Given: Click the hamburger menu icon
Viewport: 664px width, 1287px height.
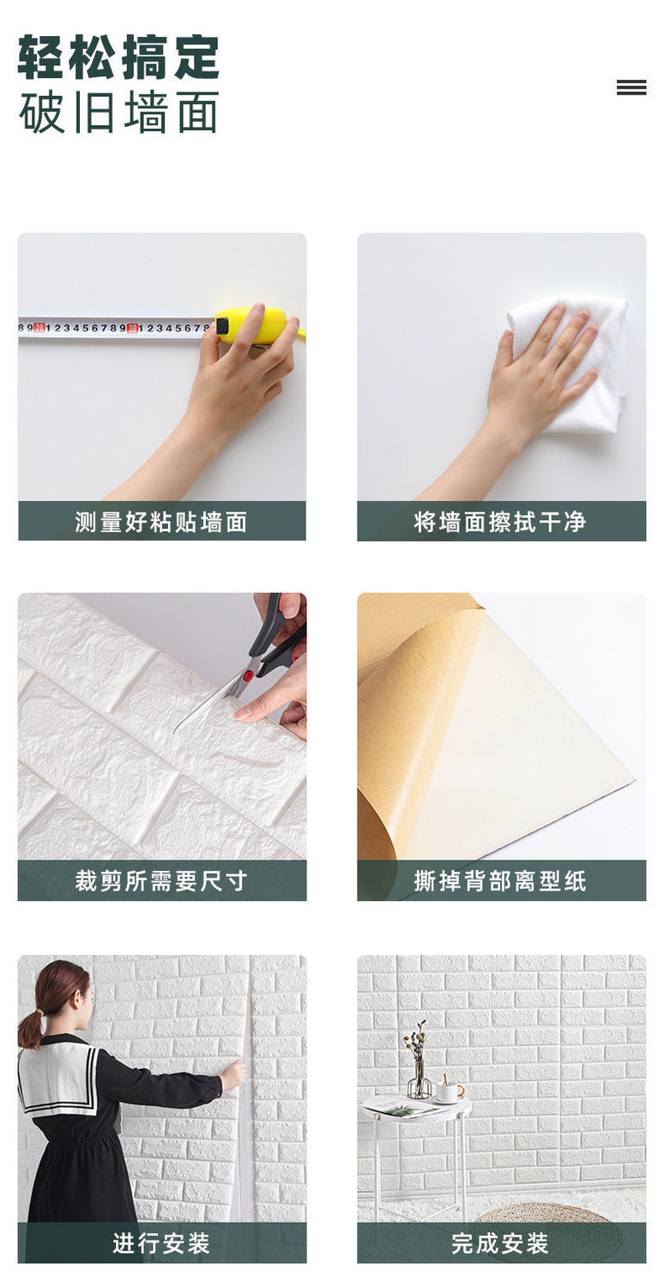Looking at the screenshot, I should point(631,87).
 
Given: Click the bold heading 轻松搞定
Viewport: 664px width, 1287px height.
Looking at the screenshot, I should point(118,57).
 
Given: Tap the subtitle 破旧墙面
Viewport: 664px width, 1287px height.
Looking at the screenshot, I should point(118,112).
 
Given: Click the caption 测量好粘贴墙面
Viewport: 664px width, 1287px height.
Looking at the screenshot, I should point(161,522).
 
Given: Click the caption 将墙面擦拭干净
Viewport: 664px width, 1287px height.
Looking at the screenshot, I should point(500,522).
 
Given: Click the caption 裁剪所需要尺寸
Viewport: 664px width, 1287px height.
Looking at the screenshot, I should point(161,881).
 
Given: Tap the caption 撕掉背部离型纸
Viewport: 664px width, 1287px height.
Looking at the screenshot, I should point(500,881).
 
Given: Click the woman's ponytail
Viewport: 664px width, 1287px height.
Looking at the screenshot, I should point(32,1024).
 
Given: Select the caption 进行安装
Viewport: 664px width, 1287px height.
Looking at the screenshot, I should point(161,1243).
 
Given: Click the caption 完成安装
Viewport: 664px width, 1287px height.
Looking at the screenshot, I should point(500,1243).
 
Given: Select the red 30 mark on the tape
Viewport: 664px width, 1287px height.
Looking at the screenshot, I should point(132,328).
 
